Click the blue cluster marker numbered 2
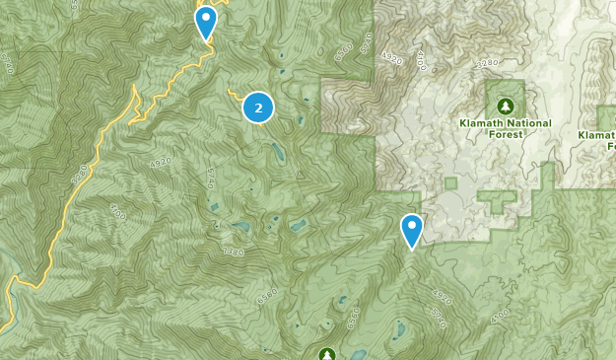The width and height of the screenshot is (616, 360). coord(258,108)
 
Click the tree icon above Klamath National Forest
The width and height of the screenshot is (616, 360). coord(506,105)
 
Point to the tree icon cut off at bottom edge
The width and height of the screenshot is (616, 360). coord(327,354)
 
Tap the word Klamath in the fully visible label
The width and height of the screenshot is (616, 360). coord(482,123)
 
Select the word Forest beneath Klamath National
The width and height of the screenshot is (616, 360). coord(506,137)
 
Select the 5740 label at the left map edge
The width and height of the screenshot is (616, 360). coord(9,64)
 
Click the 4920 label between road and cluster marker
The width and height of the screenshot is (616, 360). coord(160,162)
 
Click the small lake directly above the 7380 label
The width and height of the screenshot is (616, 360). coord(240,226)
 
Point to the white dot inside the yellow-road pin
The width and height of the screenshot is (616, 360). coord(205,17)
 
